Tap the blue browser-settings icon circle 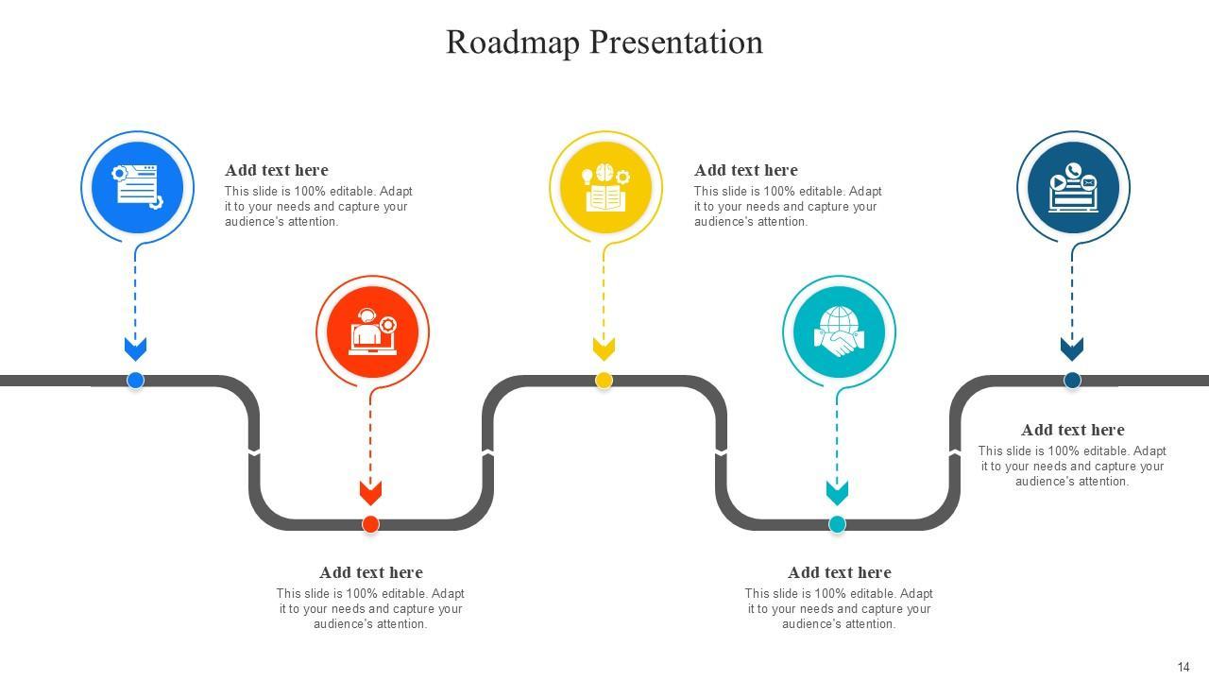[x=137, y=186]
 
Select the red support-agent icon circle [x=372, y=331]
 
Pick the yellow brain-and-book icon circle [x=605, y=186]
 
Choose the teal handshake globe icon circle [x=839, y=331]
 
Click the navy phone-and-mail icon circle [x=1073, y=186]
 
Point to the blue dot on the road [x=135, y=381]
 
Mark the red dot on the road [x=370, y=524]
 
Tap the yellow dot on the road [x=604, y=381]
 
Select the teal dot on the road [x=837, y=524]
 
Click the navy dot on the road [x=1072, y=381]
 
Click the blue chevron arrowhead [x=135, y=348]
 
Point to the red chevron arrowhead [x=370, y=492]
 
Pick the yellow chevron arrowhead [x=604, y=348]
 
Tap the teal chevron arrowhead [x=837, y=492]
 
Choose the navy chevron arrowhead [x=1072, y=348]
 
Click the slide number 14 [x=1183, y=667]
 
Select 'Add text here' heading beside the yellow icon [x=745, y=170]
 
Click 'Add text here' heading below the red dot [x=370, y=572]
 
